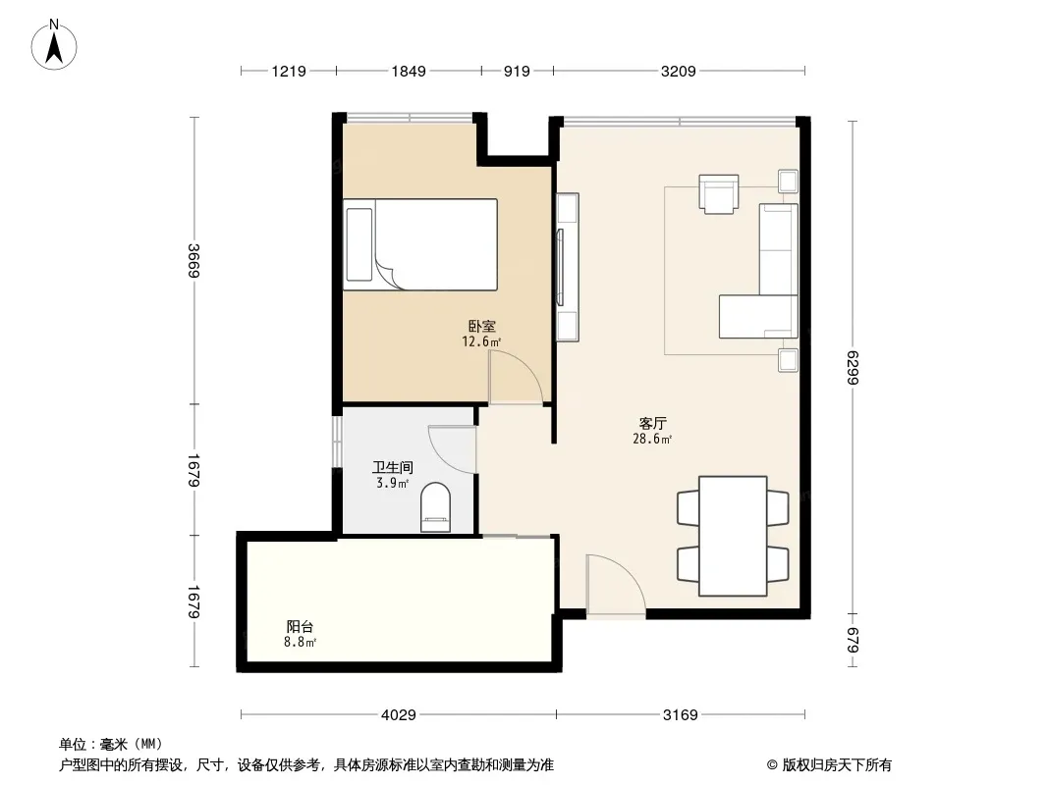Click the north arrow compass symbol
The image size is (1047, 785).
pos(54,45)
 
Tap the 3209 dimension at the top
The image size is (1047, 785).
pos(678,71)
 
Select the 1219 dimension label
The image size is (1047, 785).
pos(289,71)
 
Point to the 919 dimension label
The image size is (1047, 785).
pos(517,71)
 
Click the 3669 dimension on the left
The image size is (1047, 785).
pos(193,261)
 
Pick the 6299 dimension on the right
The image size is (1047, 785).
pos(854,368)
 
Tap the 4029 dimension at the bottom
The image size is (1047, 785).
pos(399,715)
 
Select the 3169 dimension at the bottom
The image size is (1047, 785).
pos(680,715)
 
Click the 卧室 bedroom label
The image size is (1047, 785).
pos(481,326)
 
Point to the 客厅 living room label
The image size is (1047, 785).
pos(652,424)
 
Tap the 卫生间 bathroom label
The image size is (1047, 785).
pos(393,467)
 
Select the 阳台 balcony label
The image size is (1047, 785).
pos(300,626)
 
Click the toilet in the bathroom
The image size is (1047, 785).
pos(435,507)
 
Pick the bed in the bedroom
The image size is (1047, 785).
pos(420,244)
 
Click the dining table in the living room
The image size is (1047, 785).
pos(733,536)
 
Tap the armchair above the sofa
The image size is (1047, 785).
pos(719,194)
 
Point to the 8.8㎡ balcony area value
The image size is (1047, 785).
pos(300,643)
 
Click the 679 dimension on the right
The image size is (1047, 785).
pos(854,641)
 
